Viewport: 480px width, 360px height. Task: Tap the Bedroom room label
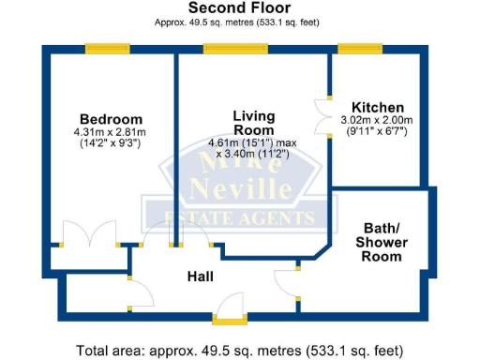(111, 119)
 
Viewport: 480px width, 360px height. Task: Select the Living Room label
(253, 122)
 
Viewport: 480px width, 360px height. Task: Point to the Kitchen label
(378, 107)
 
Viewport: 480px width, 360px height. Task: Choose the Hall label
(200, 277)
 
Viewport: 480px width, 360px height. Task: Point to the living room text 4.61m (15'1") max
(253, 143)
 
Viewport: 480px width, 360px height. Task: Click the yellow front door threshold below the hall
(227, 321)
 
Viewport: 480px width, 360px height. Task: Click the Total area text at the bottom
(239, 351)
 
